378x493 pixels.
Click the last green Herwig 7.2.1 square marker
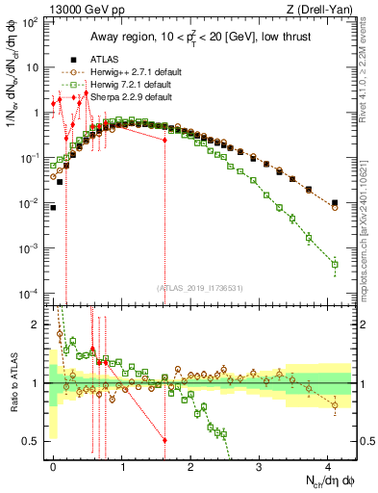pyautogui.click(x=335, y=264)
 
